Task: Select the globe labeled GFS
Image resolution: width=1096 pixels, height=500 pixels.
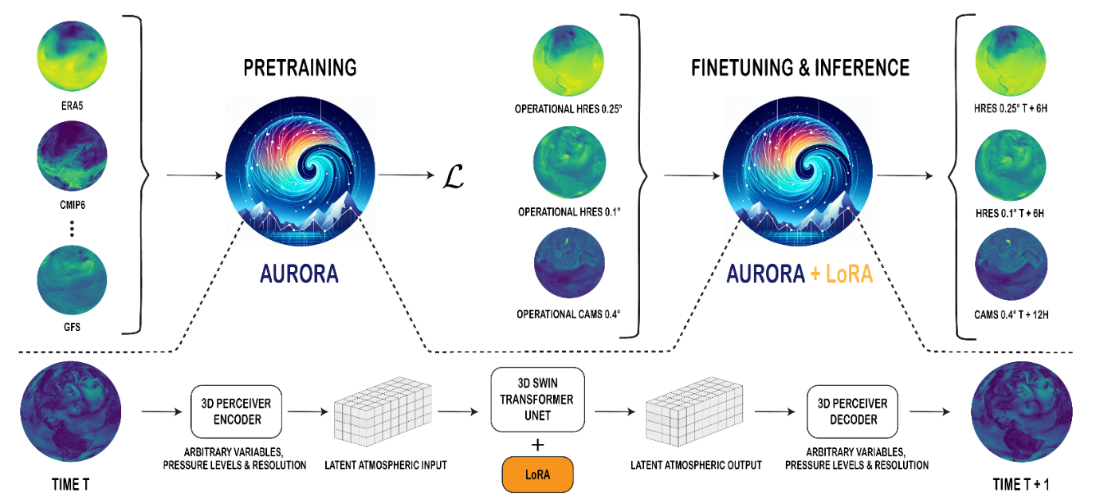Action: (72, 280)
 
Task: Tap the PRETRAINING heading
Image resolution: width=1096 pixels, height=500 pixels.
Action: (300, 69)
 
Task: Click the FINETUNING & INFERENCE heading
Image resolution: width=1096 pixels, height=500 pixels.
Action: (799, 69)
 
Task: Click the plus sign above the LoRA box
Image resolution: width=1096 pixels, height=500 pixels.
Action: (539, 443)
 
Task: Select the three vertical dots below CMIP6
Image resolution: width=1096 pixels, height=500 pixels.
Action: (72, 230)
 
